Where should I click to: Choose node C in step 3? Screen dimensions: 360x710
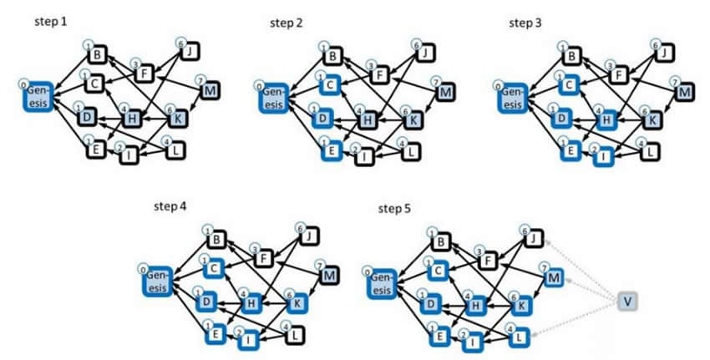[x=570, y=84]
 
